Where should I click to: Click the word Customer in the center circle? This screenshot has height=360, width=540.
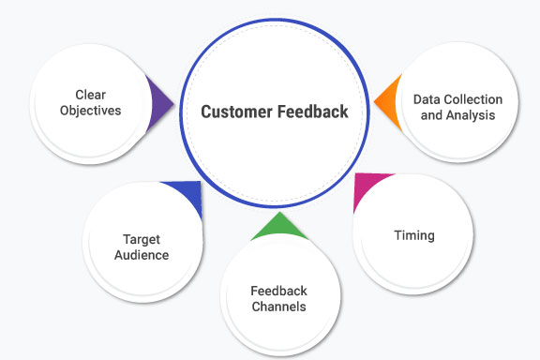tap(236, 112)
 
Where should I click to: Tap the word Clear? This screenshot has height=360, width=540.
tap(92, 94)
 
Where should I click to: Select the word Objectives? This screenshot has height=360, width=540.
tap(92, 110)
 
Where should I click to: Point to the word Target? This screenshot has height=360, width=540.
tap(142, 239)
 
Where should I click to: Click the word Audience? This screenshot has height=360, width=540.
tap(142, 254)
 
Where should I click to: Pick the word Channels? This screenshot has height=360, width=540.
tap(278, 307)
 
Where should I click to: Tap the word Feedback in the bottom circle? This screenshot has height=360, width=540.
tap(278, 291)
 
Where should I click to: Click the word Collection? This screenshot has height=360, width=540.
tap(472, 99)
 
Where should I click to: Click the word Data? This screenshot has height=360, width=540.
tap(428, 99)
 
